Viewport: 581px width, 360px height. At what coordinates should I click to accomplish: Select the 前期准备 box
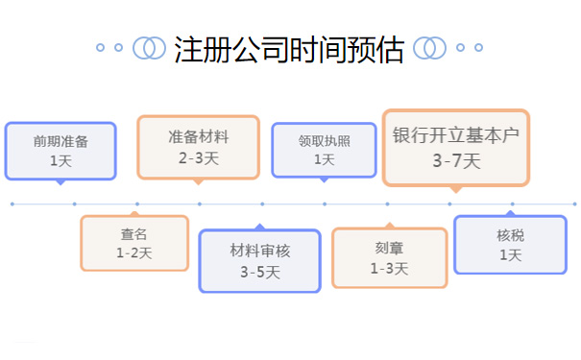61,150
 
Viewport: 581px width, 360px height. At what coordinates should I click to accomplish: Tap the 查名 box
134,243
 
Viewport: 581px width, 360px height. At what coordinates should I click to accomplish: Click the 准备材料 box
199,146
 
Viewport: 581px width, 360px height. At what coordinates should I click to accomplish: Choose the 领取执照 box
324,149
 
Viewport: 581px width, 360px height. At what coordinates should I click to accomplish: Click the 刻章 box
389,257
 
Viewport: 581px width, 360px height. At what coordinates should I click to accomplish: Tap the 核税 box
511,244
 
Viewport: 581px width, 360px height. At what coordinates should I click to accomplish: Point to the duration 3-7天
456,160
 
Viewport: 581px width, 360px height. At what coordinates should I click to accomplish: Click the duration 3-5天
260,273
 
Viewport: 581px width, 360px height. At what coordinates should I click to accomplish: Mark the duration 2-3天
199,156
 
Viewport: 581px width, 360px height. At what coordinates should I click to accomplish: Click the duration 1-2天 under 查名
134,252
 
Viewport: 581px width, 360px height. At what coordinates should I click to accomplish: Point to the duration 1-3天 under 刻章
389,269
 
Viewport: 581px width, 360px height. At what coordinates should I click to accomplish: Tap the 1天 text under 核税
511,254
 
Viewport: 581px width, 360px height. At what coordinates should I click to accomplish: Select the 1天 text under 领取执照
324,159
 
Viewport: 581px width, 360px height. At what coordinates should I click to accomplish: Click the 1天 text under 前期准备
61,160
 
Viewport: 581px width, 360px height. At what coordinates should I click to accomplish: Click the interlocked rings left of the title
149,47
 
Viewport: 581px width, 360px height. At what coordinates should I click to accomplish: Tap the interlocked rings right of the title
428,47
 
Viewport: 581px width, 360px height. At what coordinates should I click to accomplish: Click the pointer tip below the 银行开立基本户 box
456,190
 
